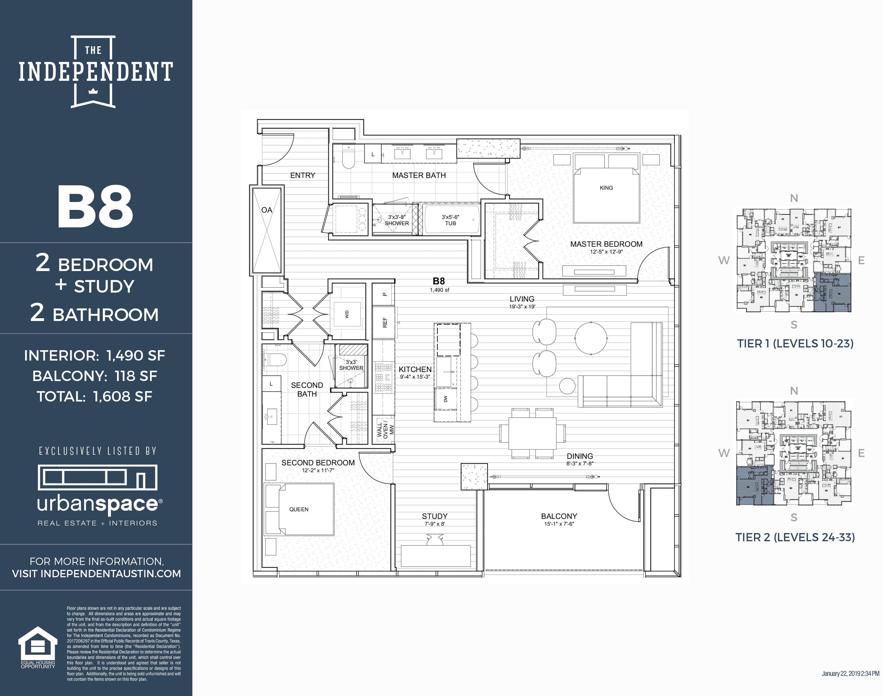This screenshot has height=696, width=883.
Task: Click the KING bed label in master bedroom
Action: coord(606,188)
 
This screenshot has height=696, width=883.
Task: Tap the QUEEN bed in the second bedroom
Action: coord(299,509)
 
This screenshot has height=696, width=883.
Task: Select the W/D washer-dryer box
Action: coord(347,314)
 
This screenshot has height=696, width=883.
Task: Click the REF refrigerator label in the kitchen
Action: coord(384,322)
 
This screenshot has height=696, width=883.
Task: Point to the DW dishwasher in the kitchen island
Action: coord(445,399)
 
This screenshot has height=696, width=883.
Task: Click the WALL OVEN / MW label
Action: coord(384,430)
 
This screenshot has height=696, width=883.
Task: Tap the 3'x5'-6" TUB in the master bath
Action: coord(450,220)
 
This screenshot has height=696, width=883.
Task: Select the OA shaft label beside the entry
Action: coord(267,210)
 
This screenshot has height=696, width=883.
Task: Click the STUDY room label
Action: coord(435,516)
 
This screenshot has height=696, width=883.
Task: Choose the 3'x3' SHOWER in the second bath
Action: coord(351,365)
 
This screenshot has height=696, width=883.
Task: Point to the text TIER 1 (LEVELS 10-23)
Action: coord(795,344)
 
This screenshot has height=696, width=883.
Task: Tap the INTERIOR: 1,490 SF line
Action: coord(94,355)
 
